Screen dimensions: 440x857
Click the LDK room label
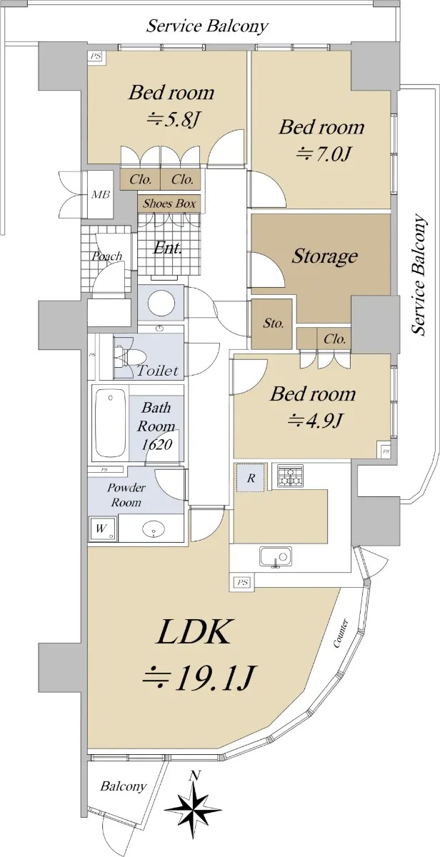[193, 633]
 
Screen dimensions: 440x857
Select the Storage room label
[324, 256]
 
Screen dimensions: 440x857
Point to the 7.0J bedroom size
[324, 154]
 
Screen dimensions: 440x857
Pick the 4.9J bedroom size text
[314, 421]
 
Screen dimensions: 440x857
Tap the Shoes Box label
[169, 203]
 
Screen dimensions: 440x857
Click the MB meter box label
[100, 194]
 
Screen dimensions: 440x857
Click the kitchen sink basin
[276, 556]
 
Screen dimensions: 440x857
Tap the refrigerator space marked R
[251, 478]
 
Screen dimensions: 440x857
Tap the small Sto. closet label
[273, 324]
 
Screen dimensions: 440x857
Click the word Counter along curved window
[341, 633]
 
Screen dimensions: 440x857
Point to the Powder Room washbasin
[154, 529]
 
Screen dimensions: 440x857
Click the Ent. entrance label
[168, 249]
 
